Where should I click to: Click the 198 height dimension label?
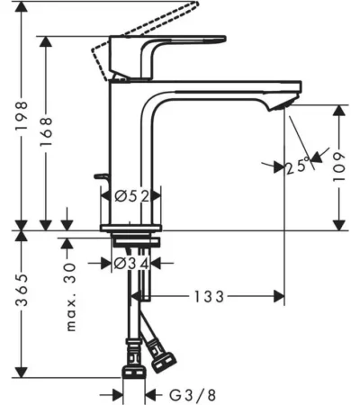22,115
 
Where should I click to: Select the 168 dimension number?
46,132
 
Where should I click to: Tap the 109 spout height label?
339,166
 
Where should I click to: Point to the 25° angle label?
297,165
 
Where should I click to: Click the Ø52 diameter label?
132,196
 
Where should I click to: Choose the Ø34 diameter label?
131,264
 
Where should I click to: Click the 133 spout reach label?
209,297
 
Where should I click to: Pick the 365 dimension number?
22,290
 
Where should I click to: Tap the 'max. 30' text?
70,297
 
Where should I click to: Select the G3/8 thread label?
193,395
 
